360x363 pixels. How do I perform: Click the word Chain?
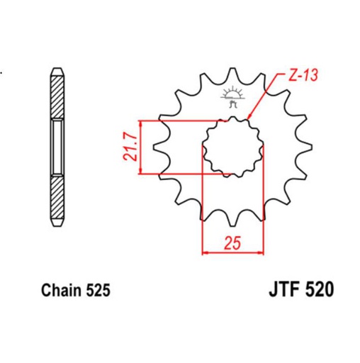pos(60,291)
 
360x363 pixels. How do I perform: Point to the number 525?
pos(96,291)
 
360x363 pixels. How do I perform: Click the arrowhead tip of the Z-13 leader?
pos(247,118)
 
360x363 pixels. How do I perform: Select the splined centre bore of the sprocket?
pos(232,148)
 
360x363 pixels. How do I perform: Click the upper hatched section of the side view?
pos(57,95)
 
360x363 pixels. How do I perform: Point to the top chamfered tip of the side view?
pos(57,69)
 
